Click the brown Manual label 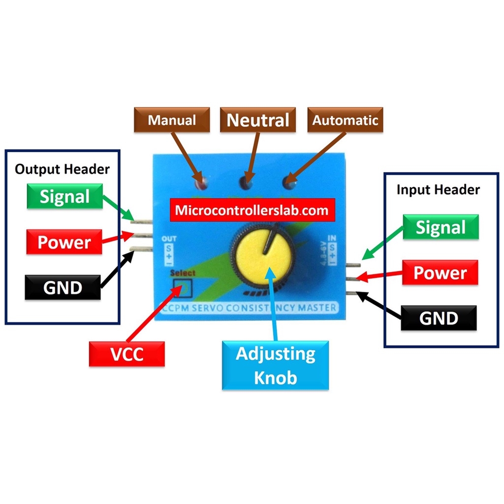coord(172,120)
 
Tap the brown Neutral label coord(257,120)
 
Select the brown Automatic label coord(345,120)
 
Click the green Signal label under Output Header coord(64,196)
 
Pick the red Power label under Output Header coord(64,242)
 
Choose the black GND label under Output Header coord(63,287)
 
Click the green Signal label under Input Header coord(441,227)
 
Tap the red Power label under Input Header coord(440,273)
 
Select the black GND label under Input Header coord(439,318)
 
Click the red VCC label coord(126,354)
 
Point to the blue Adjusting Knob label coord(275,365)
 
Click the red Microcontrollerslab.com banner coord(252,211)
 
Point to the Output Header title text coord(62,169)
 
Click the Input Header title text coord(438,189)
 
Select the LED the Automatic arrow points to coord(288,184)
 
